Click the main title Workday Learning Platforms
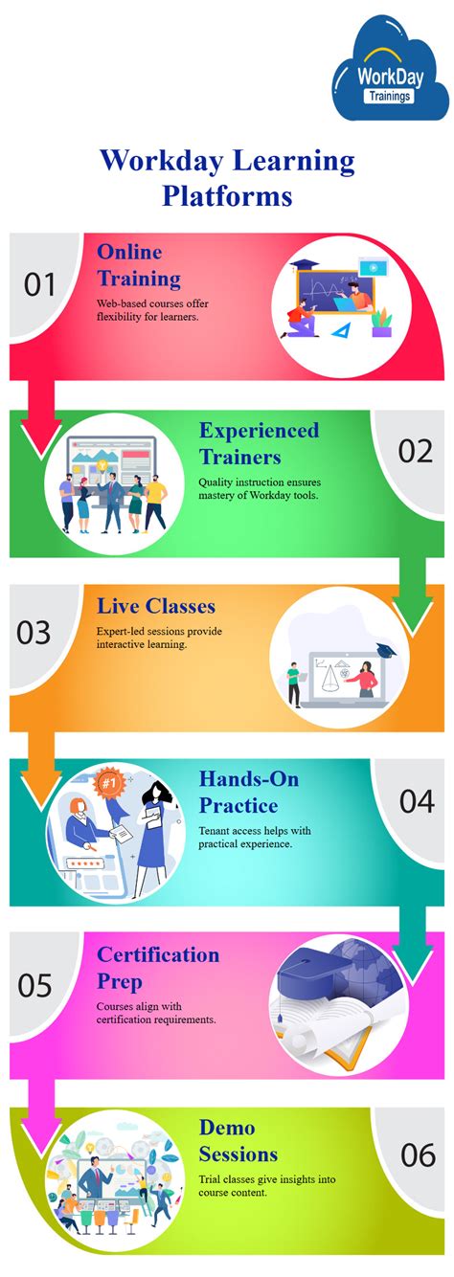click(x=227, y=176)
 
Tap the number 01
click(x=39, y=284)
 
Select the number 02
click(x=416, y=450)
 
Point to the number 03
click(x=34, y=633)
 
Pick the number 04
click(x=417, y=800)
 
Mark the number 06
click(x=418, y=1154)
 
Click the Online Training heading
click(x=139, y=265)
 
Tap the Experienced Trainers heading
click(x=260, y=442)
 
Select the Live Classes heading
click(x=156, y=606)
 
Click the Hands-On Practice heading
click(x=249, y=792)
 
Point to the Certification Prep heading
click(x=158, y=967)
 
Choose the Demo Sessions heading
click(x=238, y=1140)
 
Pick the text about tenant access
click(x=254, y=837)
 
